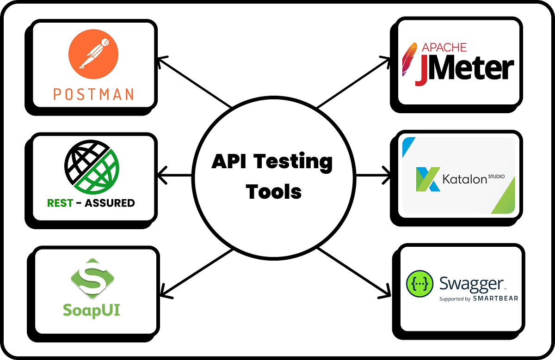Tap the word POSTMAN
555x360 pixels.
[x=93, y=94]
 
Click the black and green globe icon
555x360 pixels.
[x=92, y=169]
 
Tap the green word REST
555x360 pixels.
[x=60, y=203]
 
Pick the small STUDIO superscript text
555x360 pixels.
[x=499, y=176]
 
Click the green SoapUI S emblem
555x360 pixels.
[x=92, y=279]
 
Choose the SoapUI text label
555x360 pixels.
[x=92, y=309]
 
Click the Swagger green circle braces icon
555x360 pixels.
[x=419, y=284]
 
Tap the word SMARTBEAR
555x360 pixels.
[x=495, y=299]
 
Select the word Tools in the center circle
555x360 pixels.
[x=274, y=190]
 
